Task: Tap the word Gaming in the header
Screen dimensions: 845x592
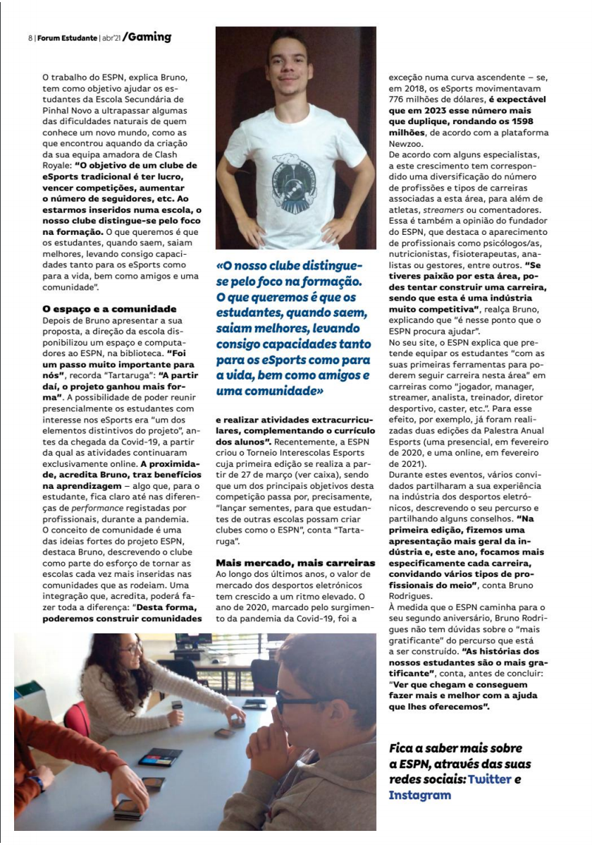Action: (150, 37)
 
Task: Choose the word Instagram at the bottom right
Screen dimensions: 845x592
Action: (419, 795)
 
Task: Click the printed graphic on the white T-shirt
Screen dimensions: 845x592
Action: (297, 170)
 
